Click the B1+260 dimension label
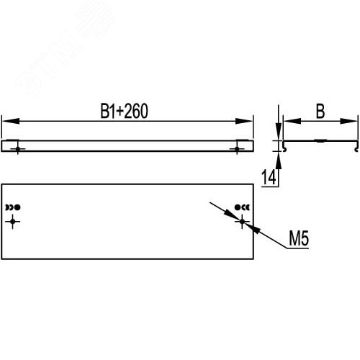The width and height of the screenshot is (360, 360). [x=124, y=111]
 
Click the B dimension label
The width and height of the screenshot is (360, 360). [x=320, y=112]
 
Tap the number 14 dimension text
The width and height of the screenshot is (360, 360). [x=269, y=177]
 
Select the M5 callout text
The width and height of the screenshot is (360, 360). [x=299, y=238]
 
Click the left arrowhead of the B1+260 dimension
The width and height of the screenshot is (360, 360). [x=11, y=121]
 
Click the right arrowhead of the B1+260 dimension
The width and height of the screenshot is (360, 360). [x=244, y=121]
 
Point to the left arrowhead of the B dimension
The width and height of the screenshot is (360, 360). [x=292, y=121]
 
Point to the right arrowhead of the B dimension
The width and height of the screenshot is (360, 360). [x=348, y=121]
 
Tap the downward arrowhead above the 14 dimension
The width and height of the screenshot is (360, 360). [x=279, y=132]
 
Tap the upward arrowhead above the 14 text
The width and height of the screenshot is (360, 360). [x=279, y=161]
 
